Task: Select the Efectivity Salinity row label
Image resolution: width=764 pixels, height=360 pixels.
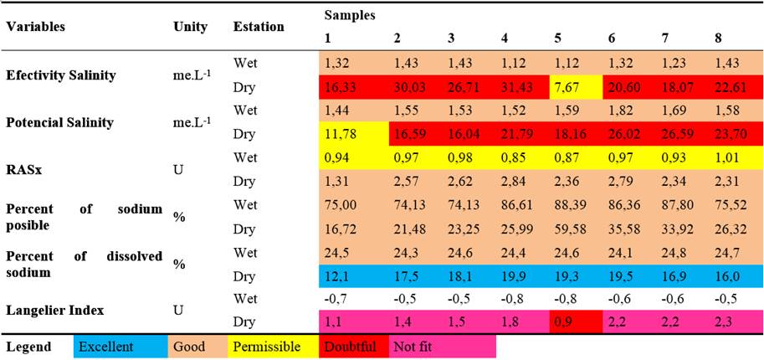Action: coord(60,75)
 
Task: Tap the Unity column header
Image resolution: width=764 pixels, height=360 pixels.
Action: coord(189,26)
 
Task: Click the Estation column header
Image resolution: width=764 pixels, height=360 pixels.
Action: coord(259,26)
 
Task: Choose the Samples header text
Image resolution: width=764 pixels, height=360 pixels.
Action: coord(349,14)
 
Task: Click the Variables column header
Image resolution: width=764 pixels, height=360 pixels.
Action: coord(35,26)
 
